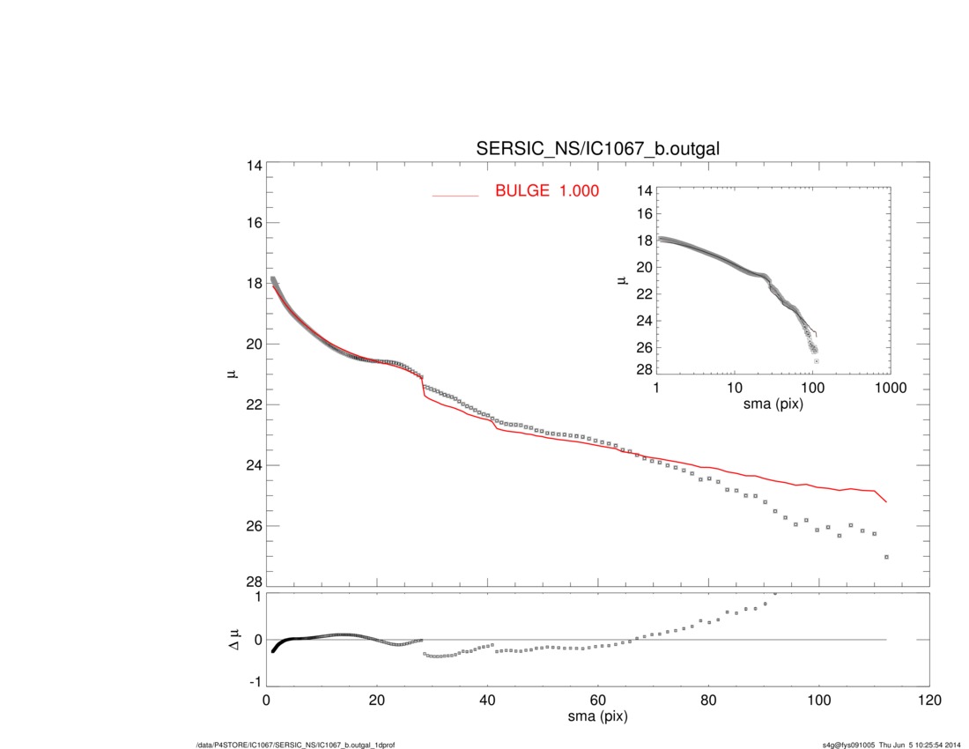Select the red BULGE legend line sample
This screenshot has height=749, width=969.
455,195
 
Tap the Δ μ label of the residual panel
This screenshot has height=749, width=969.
232,638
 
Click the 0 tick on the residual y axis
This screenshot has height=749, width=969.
257,640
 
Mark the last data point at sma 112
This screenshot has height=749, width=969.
886,557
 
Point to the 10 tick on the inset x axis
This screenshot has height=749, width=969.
734,389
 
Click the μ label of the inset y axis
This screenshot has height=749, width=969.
623,280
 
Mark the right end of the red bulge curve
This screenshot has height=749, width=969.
886,502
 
